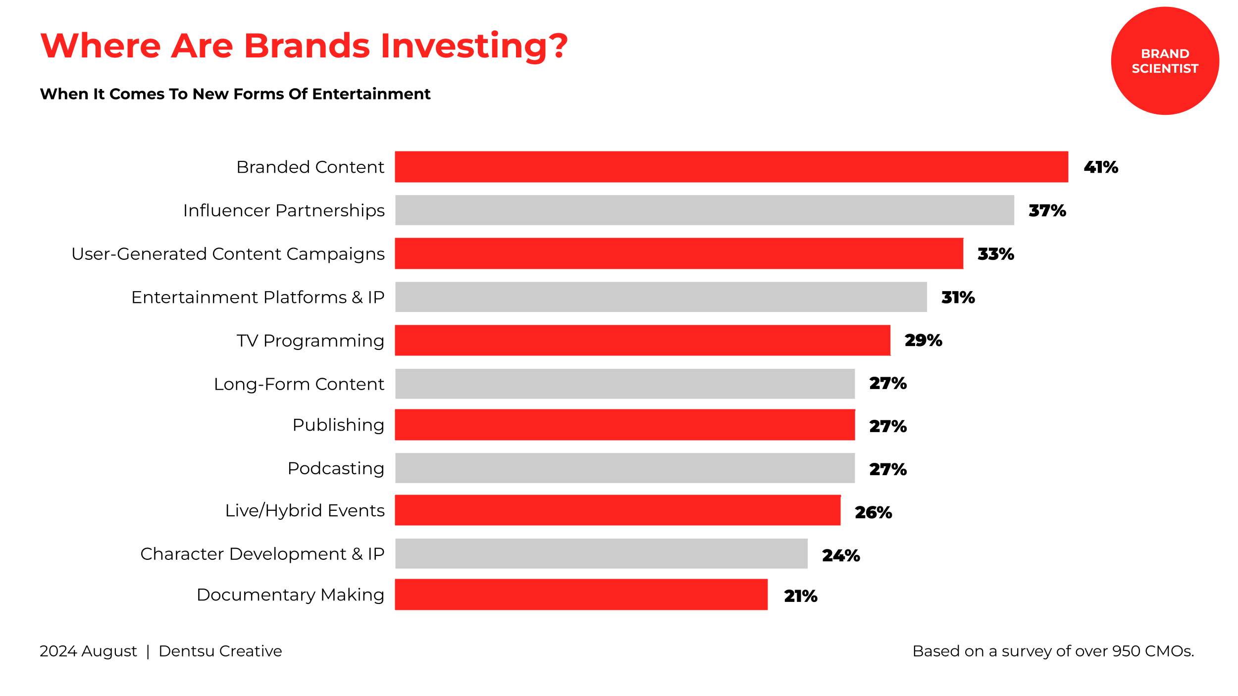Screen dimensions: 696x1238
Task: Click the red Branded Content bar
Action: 731,167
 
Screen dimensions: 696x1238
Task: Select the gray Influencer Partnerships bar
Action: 704,210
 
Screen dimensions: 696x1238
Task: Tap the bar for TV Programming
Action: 642,340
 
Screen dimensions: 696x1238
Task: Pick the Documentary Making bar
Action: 581,595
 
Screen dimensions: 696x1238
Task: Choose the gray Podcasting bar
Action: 624,468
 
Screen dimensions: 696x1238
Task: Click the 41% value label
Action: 1100,167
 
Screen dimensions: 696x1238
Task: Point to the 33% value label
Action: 995,254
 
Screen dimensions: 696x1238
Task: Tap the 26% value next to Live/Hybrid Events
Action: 873,512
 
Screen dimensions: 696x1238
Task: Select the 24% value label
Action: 840,555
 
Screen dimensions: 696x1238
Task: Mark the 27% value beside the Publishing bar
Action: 887,426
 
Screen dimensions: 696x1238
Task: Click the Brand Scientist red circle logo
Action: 1165,61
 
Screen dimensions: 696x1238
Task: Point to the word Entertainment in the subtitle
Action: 371,94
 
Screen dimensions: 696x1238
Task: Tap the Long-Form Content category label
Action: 299,384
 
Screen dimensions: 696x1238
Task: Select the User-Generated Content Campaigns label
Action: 228,254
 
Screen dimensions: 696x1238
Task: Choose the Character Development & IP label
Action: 262,554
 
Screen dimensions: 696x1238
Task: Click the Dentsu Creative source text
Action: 220,651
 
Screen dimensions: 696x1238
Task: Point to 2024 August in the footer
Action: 88,651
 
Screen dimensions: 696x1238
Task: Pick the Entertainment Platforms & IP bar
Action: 661,297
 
